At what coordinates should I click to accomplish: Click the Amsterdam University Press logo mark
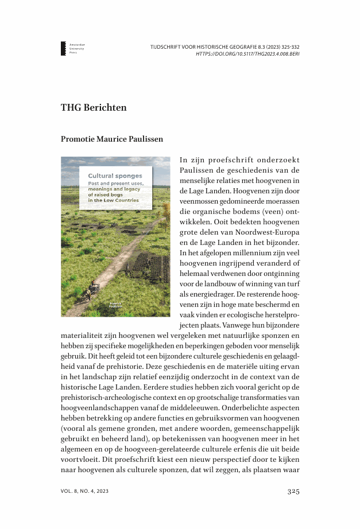click(63, 48)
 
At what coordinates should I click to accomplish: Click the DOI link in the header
click(247, 54)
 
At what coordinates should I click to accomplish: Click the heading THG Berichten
click(94, 108)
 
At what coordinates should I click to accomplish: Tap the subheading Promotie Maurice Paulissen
click(112, 138)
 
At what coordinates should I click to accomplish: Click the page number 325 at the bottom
click(293, 491)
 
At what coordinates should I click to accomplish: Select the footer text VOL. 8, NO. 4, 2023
click(84, 492)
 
